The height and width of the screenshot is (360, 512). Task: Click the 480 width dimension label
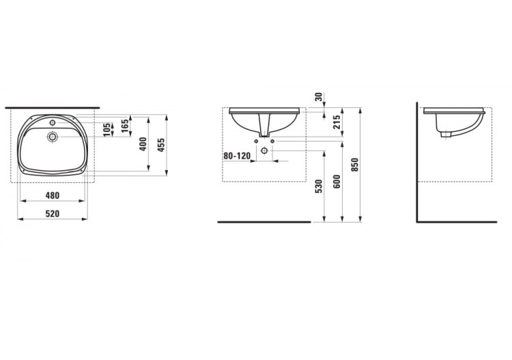[x=53, y=195]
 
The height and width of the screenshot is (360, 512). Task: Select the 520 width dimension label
[x=53, y=214]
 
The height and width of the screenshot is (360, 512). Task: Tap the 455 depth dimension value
[x=161, y=145]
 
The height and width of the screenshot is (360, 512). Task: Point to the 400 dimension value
[x=143, y=144]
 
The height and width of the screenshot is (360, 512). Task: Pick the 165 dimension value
[x=125, y=126]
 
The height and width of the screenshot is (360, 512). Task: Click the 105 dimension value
[x=106, y=130]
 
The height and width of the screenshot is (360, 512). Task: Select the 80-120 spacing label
[x=237, y=156]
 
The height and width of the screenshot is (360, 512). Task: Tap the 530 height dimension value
[x=319, y=186]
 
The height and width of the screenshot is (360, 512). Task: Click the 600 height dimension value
[x=337, y=182]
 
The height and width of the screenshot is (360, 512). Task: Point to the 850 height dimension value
[x=355, y=165]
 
